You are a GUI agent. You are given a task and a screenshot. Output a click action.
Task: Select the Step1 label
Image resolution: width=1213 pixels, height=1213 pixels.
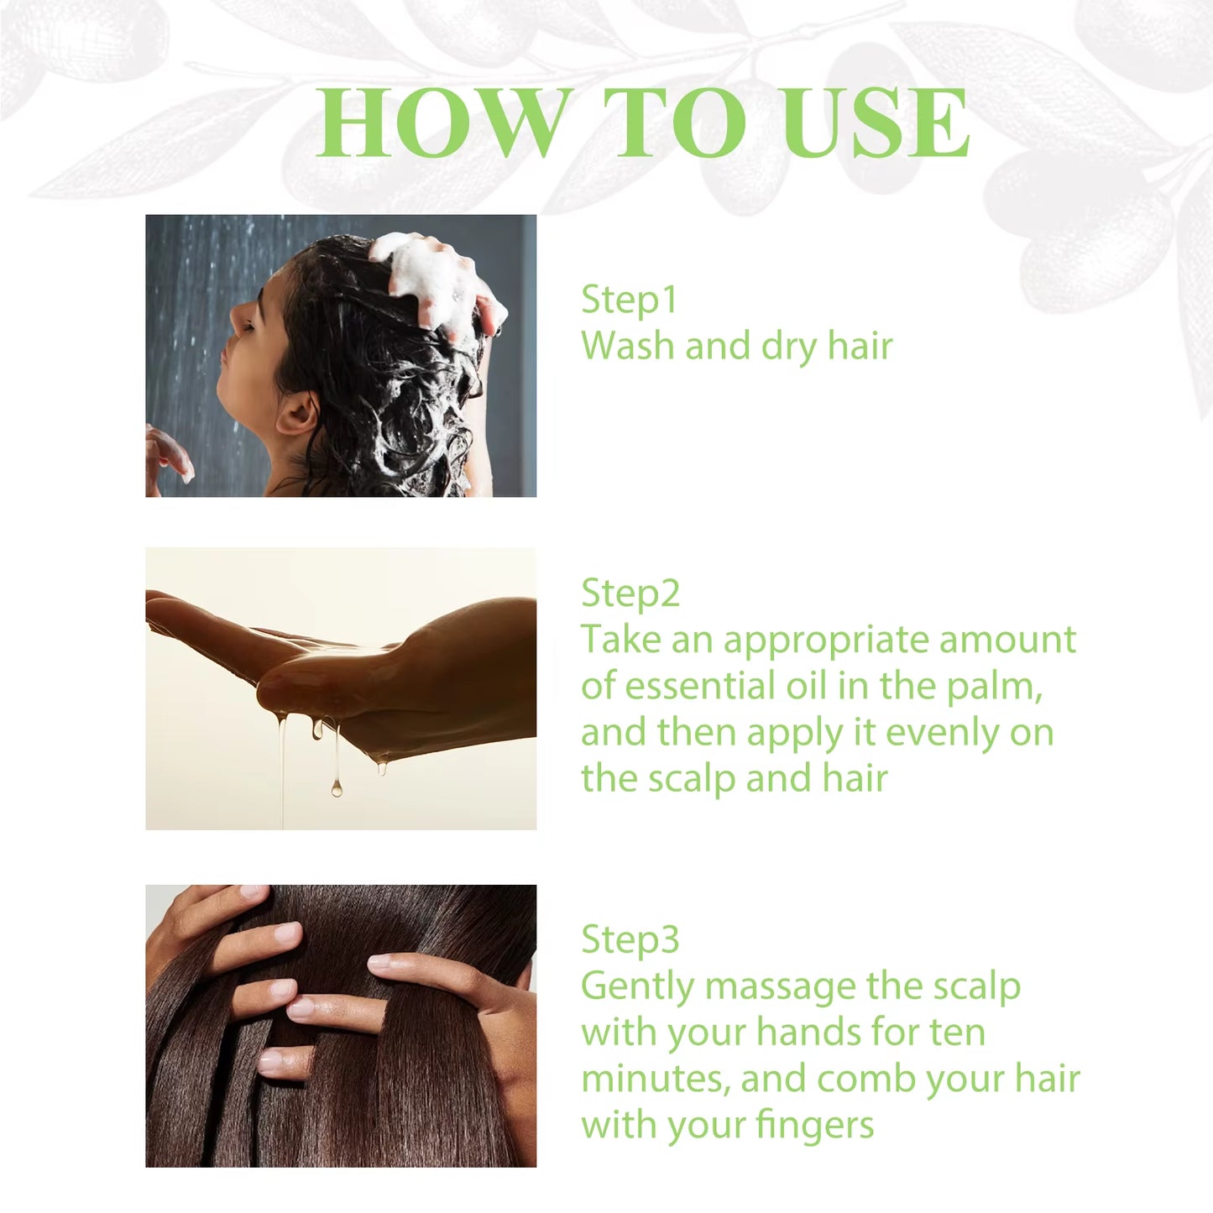629,300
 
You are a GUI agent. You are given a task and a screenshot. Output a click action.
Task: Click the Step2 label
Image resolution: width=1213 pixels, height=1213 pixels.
630,593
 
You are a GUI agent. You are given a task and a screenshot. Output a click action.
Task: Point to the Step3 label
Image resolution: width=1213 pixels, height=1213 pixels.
630,939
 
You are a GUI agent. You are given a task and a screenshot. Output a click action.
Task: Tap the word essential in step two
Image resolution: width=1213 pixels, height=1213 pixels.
703,686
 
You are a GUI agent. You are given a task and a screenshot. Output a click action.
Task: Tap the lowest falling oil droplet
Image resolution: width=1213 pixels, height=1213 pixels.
336,788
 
